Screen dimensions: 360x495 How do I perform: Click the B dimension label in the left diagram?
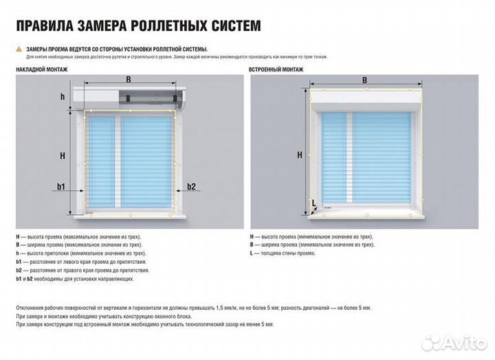129,80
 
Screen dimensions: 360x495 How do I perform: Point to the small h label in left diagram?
62,97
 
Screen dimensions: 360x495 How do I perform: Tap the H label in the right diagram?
300,155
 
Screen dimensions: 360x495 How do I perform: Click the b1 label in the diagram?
60,186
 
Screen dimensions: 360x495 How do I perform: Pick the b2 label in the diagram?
191,186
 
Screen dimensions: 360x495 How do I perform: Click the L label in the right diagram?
314,203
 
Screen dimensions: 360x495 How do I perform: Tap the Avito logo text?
461,341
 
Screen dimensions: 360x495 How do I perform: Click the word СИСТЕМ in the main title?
230,26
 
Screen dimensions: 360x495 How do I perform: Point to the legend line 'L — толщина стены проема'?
283,253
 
